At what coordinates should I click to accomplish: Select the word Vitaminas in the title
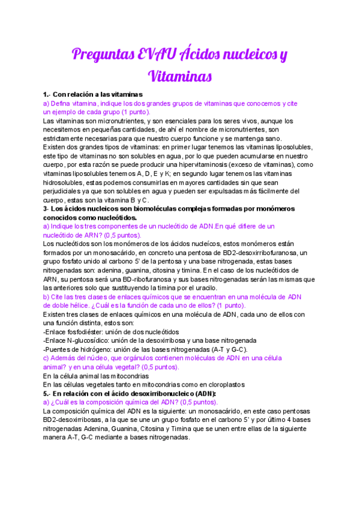coord(180,76)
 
